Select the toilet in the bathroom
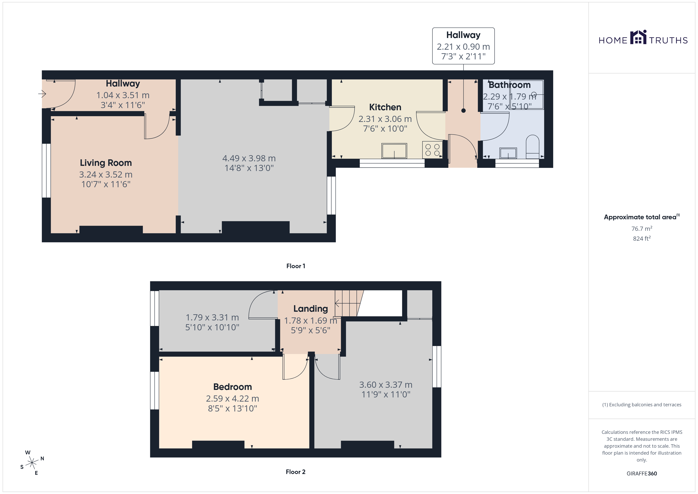532,147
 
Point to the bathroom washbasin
508,153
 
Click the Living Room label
106,163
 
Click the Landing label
310,309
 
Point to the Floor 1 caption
296,266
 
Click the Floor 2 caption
296,472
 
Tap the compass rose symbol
32,463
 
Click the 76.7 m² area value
641,228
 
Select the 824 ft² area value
641,238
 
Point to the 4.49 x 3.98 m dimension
249,158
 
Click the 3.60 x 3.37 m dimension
386,385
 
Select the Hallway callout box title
463,35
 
